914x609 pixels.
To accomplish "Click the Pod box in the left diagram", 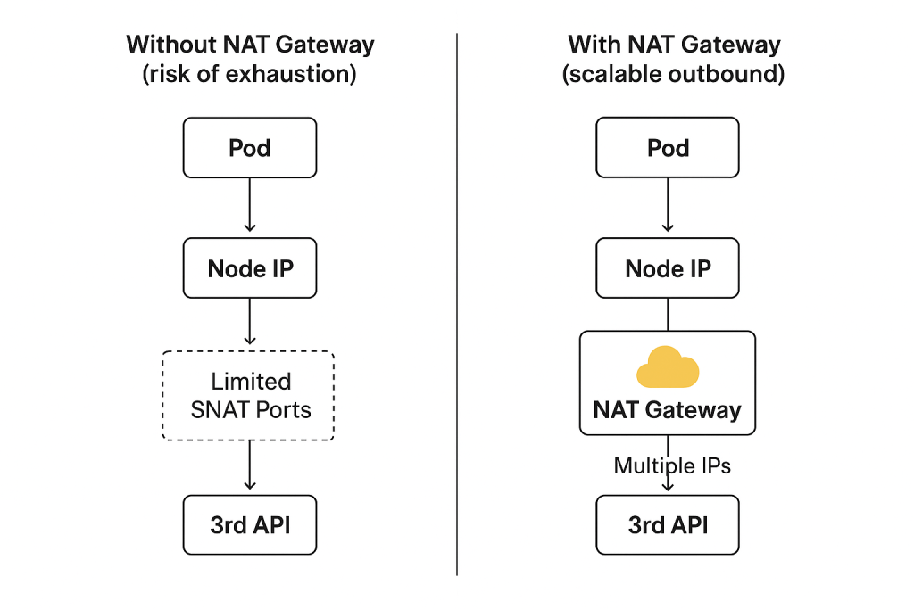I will click(x=250, y=147).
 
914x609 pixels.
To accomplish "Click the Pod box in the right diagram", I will click(x=668, y=147).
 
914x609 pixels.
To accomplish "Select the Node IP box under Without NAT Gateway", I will click(x=250, y=267).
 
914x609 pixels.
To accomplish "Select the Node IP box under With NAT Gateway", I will click(x=668, y=267).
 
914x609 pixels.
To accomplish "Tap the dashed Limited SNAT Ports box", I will click(x=249, y=395).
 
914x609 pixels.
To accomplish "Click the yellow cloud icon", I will click(x=668, y=366).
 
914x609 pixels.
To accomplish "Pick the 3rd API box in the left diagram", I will click(x=250, y=524).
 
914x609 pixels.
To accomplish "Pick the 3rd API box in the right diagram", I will click(x=668, y=524).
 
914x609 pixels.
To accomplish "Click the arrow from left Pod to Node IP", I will click(x=250, y=206).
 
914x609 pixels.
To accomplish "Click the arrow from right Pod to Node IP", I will click(x=668, y=206).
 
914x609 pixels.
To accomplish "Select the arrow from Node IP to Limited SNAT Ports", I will click(x=250, y=322).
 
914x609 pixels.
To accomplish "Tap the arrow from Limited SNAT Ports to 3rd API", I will click(x=250, y=465).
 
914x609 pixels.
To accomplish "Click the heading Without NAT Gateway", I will click(x=250, y=45).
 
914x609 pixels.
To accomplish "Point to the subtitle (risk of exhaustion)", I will click(x=250, y=74).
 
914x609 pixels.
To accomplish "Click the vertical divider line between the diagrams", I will click(x=457, y=303).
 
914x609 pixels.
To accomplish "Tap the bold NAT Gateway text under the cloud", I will click(x=668, y=410).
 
